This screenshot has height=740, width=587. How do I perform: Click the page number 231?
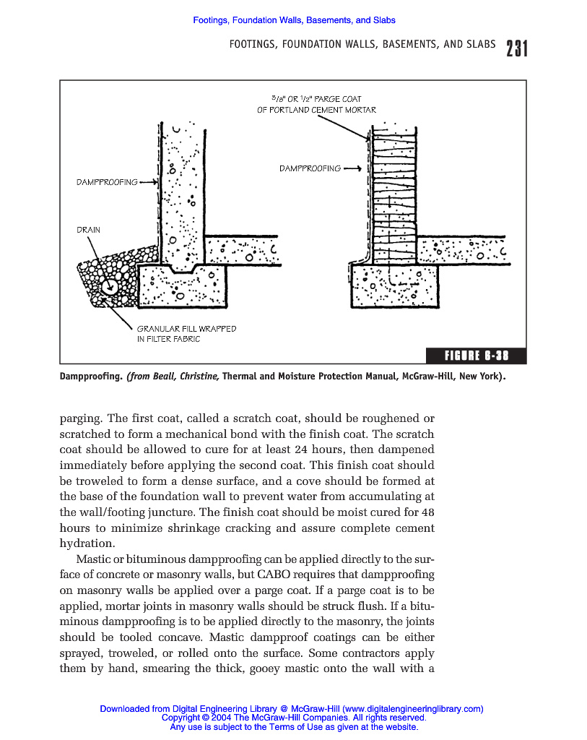[517, 48]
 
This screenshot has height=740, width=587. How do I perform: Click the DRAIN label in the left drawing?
[88, 230]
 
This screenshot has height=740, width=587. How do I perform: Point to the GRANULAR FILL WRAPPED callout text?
[186, 329]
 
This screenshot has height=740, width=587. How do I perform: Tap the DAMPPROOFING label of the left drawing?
[107, 182]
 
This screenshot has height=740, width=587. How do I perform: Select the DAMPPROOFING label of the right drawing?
[310, 168]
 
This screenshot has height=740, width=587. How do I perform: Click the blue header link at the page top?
[294, 20]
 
